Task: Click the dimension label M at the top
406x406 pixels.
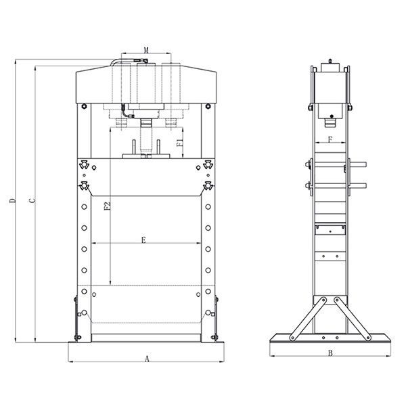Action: point(146,50)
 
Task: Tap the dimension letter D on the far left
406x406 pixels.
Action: point(12,201)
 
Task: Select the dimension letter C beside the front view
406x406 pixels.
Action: point(32,201)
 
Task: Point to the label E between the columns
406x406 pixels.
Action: point(143,240)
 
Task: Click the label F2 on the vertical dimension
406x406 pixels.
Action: point(108,206)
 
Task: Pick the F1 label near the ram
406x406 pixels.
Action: point(180,143)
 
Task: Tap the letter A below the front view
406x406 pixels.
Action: point(147,359)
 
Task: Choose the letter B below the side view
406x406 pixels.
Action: point(330,353)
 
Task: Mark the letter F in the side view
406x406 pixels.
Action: point(330,139)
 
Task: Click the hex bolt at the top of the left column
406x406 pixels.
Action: point(84,106)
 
